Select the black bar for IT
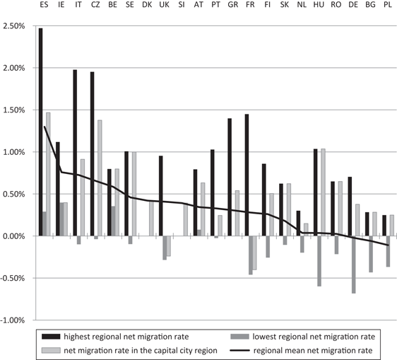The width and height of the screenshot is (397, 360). click(75, 153)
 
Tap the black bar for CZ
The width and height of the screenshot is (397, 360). click(92, 153)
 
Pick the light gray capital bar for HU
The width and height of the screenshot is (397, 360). click(324, 192)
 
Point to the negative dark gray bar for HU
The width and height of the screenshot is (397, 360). click(319, 260)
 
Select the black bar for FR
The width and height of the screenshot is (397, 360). click(247, 175)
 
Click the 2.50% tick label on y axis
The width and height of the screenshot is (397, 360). click(13, 26)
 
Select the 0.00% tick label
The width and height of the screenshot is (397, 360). click(13, 236)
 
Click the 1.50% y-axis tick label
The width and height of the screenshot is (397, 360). click(13, 110)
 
